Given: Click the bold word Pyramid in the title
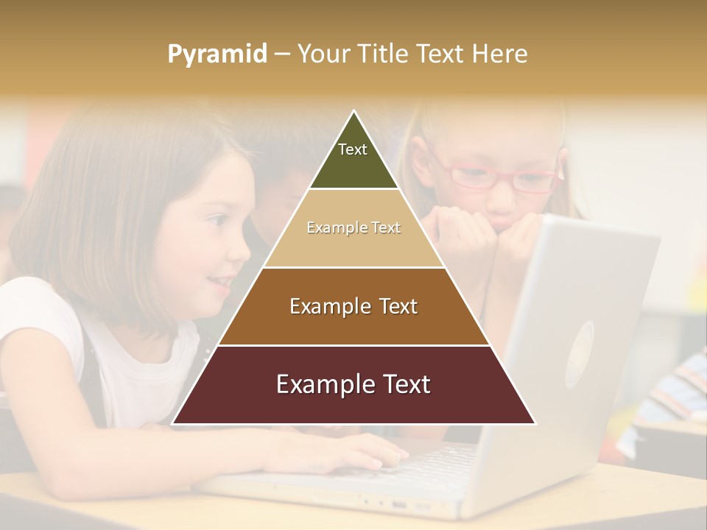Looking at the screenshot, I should [x=217, y=54].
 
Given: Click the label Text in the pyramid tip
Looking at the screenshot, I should [x=353, y=149].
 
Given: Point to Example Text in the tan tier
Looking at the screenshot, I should [x=353, y=227].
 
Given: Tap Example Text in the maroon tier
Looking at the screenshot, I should [x=353, y=384].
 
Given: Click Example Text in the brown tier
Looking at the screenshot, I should [x=353, y=306].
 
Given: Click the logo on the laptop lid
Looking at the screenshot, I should [x=579, y=353].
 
